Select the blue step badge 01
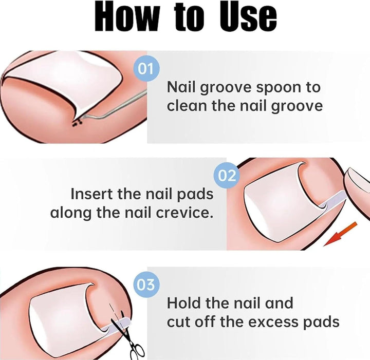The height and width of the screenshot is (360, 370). pyautogui.click(x=146, y=68)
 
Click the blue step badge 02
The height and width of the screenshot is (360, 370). pyautogui.click(x=227, y=176)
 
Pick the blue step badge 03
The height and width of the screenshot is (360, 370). pyautogui.click(x=146, y=283)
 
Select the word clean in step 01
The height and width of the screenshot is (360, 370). pyautogui.click(x=190, y=106)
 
